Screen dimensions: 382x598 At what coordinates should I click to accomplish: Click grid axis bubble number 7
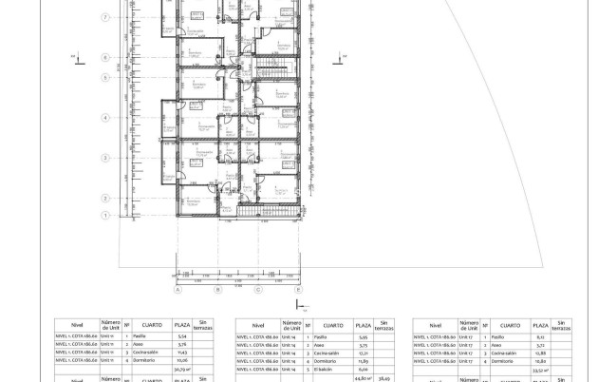point(103,17)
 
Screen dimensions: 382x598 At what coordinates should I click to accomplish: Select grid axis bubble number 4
point(103,118)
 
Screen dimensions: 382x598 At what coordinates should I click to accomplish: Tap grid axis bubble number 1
point(103,197)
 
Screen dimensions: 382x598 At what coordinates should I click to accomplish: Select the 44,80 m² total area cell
point(361,378)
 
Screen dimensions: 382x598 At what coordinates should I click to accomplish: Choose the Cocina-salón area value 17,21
point(361,353)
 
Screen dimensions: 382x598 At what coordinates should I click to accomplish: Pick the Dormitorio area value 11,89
point(361,361)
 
